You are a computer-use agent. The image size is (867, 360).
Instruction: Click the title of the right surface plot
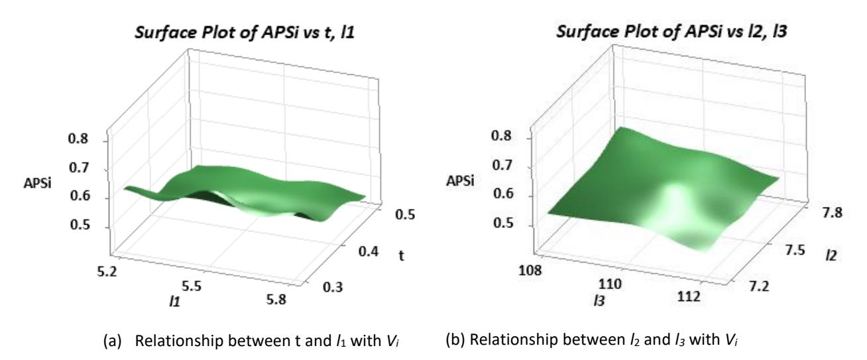pos(671,32)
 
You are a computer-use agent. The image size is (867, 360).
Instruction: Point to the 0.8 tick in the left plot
pos(78,139)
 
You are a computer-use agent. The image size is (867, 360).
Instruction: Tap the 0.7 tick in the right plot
pos(502,166)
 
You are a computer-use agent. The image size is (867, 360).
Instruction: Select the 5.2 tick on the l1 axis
pos(107,272)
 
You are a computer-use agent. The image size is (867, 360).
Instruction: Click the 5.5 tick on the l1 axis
pos(192,286)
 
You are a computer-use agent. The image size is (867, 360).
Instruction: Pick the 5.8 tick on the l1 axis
pos(276,299)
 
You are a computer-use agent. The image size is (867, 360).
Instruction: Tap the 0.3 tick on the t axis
pos(333,287)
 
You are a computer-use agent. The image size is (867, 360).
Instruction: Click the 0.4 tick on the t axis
pos(369,252)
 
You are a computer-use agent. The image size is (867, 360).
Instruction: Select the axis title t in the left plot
pos(402,255)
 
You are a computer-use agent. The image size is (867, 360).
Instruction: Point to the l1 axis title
pos(174,301)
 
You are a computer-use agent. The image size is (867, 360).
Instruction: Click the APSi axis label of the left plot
pos(37,183)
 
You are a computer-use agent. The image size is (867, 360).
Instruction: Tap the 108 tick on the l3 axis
pos(530,270)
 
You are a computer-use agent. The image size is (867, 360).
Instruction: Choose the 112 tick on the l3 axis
pos(689,296)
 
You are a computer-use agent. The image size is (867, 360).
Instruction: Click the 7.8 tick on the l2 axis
pos(832,213)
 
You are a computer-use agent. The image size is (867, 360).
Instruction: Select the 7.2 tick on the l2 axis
pos(759,286)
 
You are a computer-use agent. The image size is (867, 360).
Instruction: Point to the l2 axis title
pos(831,255)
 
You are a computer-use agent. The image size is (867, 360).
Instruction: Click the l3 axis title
pos(599,301)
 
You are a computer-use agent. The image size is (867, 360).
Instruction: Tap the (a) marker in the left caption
pos(112,341)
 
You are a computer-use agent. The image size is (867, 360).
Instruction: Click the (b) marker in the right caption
pos(455,339)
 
